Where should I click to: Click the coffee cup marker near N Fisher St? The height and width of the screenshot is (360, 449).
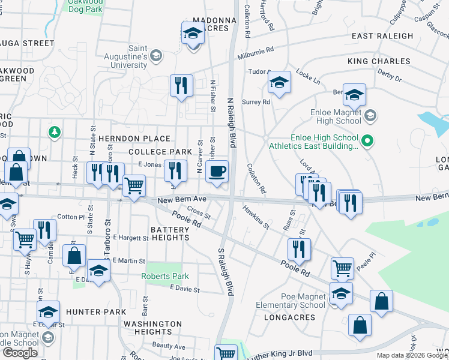click(217, 172)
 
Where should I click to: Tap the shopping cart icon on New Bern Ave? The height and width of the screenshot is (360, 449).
click(134, 185)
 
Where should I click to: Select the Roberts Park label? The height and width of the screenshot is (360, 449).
click(165, 277)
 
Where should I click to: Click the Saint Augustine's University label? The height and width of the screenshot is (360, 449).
click(138, 56)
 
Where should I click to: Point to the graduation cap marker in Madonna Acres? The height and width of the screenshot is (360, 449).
click(193, 33)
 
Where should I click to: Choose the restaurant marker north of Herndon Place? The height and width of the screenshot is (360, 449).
click(181, 85)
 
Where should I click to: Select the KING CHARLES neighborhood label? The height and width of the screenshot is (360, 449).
click(379, 61)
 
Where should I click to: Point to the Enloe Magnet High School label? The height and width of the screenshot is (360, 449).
click(336, 116)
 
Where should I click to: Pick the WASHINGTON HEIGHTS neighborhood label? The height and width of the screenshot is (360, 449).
click(153, 328)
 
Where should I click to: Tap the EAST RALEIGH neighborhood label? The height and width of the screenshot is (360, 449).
click(382, 36)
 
